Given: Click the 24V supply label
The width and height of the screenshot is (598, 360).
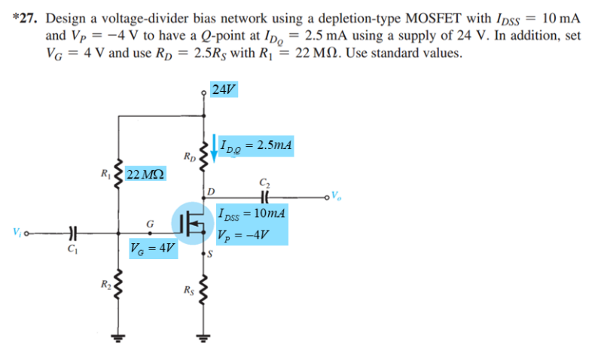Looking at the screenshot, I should tap(224, 90).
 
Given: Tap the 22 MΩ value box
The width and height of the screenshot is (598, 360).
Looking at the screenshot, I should tap(146, 175).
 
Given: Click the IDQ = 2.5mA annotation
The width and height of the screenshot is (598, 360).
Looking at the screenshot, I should tap(257, 145).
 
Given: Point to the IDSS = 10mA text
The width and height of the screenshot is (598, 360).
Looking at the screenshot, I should tap(252, 213).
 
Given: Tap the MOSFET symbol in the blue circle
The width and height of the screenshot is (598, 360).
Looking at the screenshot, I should tap(194, 224).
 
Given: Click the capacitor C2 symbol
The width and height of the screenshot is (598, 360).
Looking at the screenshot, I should tap(263, 197).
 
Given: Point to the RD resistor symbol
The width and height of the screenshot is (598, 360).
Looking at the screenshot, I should tap(202, 156).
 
